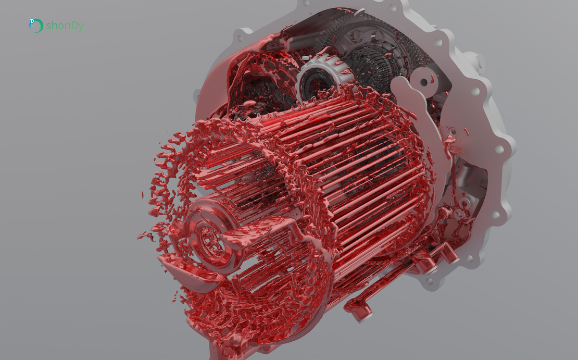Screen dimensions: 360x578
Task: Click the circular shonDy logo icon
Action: tap(35, 26)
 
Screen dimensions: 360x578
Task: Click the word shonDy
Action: tap(65, 26)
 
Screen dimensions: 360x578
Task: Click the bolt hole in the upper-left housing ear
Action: tap(240, 38)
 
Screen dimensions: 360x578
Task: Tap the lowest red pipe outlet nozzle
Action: tap(361, 313)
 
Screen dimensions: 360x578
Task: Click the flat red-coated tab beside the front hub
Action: tap(271, 225)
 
